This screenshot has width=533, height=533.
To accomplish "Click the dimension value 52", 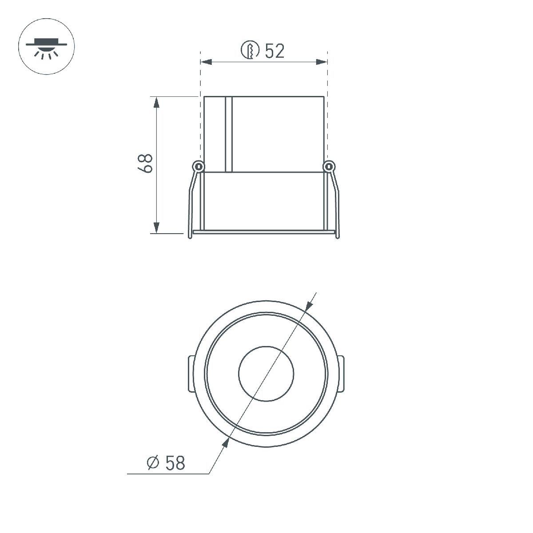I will click(274, 51).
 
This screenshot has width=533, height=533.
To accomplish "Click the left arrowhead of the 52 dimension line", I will click(206, 62).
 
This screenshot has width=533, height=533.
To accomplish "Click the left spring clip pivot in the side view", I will click(198, 167).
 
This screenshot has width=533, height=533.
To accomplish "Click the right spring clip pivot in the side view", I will click(328, 167).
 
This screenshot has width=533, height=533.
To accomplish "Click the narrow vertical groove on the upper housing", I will click(228, 134).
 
